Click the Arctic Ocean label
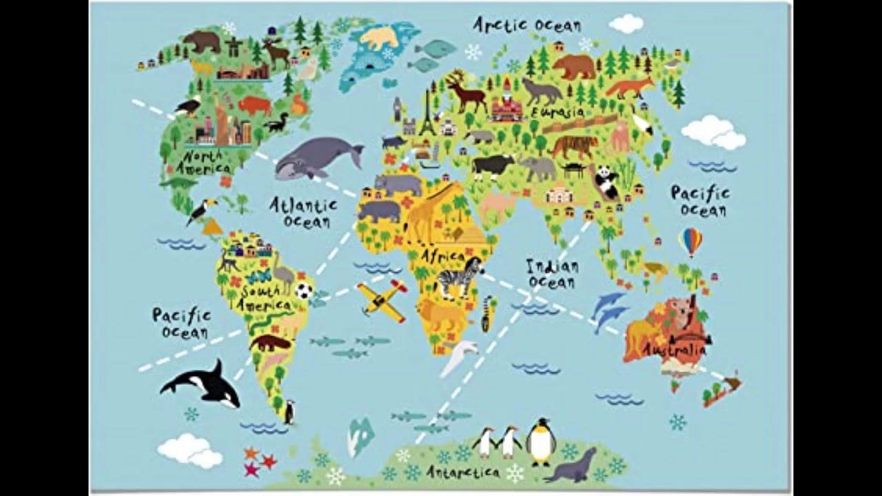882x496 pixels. coord(526,25)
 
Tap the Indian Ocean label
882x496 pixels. coord(552,273)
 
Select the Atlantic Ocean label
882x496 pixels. coord(303,212)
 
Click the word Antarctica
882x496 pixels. coord(462,473)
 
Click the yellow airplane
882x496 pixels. coord(382,300)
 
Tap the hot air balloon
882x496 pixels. coord(690,241)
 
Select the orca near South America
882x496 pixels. coord(203,383)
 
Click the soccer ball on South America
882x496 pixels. coord(304,290)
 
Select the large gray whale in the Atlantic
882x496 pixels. coord(318,157)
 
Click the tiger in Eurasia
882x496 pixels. coord(574,146)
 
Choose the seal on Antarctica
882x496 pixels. coord(571,466)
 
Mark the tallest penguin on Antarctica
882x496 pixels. coord(541,441)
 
